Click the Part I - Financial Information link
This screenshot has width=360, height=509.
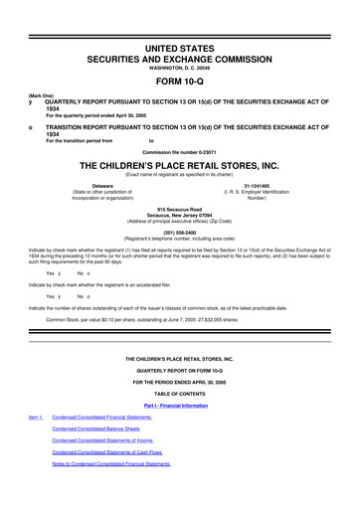pyautogui.click(x=180, y=408)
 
